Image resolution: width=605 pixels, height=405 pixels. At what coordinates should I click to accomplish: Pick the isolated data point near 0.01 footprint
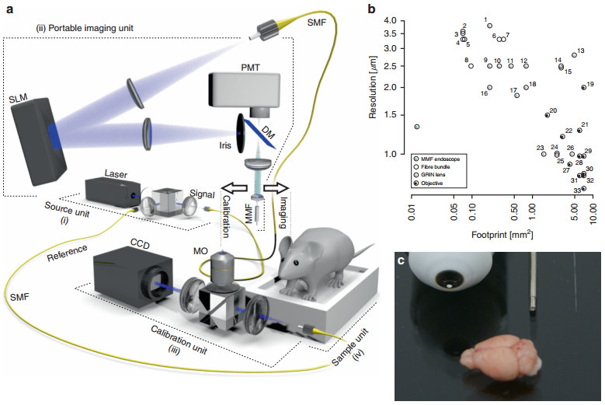(x=417, y=126)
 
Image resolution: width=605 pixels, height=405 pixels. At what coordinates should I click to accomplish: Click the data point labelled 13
(x=573, y=55)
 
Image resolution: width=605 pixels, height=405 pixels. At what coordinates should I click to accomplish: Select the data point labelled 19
(x=583, y=87)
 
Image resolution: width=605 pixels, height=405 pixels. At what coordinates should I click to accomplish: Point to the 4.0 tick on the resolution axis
(x=390, y=20)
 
